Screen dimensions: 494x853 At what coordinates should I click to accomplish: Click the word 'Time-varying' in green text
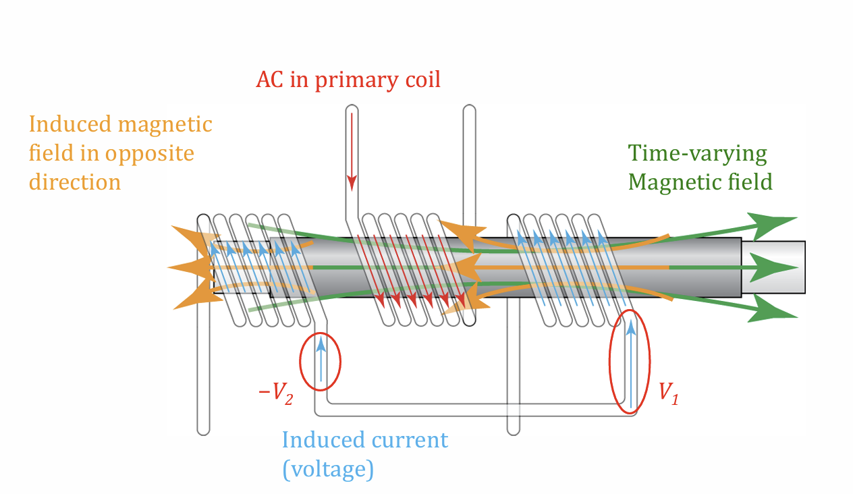(697, 154)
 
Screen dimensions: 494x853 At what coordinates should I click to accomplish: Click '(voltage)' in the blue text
(327, 469)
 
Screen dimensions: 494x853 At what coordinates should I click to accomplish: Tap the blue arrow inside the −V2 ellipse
(321, 358)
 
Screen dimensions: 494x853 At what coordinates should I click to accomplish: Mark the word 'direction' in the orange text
(75, 182)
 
